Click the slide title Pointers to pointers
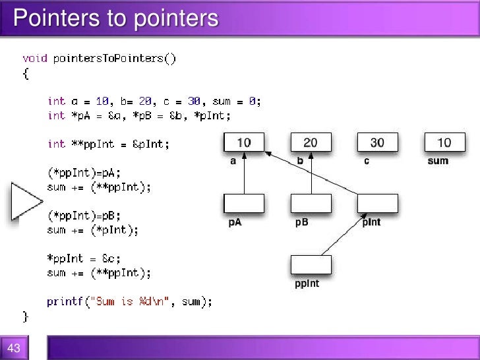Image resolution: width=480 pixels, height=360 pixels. [x=116, y=18]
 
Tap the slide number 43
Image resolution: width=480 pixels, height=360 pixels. [x=15, y=348]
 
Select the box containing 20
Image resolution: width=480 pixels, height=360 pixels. [x=311, y=142]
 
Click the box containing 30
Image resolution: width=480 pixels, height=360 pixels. [x=377, y=142]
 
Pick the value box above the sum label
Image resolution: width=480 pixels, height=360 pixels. [x=444, y=142]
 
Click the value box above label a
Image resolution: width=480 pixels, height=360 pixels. [x=244, y=142]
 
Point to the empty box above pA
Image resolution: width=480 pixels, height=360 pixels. [x=244, y=203]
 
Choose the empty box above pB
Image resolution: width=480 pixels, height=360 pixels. [x=311, y=203]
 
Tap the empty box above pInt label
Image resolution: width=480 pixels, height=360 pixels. [x=377, y=203]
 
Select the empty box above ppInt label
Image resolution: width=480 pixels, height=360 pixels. [x=311, y=264]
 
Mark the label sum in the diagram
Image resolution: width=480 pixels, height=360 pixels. [x=437, y=161]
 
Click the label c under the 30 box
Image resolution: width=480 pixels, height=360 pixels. [x=367, y=161]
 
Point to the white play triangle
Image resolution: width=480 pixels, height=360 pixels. [x=25, y=200]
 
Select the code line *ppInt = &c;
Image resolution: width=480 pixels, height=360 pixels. [x=90, y=258]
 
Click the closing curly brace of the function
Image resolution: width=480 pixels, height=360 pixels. [x=26, y=316]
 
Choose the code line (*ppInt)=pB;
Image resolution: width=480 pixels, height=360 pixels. [x=84, y=216]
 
